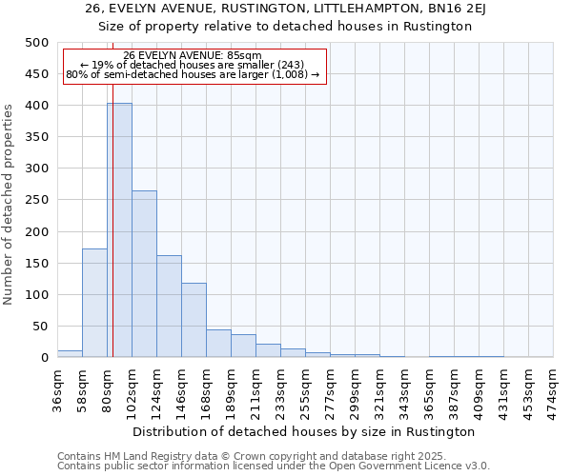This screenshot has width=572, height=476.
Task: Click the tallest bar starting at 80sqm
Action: (x=119, y=230)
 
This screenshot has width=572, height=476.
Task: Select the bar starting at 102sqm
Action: (x=144, y=274)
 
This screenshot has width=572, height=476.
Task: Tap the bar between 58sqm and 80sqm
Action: (x=94, y=303)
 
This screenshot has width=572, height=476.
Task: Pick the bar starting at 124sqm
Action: (x=169, y=307)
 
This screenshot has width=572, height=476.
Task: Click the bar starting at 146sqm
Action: (x=194, y=320)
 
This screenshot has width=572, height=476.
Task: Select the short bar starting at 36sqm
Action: (x=70, y=353)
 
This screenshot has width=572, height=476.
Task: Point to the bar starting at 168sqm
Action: (x=218, y=344)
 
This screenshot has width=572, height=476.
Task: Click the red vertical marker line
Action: (x=112, y=219)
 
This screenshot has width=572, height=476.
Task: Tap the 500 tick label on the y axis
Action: (x=36, y=43)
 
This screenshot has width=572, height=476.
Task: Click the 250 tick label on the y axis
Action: (x=36, y=200)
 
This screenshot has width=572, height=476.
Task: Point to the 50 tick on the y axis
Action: (x=40, y=326)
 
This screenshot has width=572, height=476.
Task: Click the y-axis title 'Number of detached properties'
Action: (x=10, y=200)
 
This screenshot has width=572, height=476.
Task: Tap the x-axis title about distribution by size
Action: (x=305, y=431)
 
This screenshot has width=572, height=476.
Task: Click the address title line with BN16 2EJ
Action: (x=286, y=9)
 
